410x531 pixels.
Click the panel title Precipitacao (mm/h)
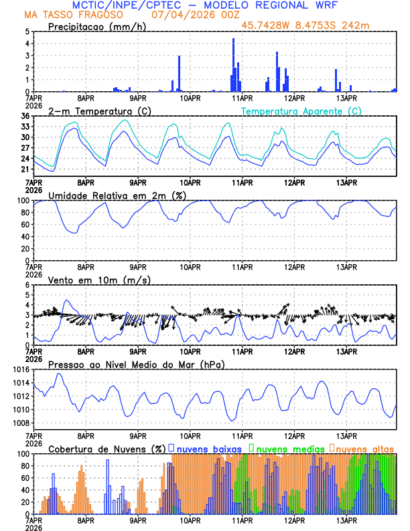pyautogui.click(x=94, y=27)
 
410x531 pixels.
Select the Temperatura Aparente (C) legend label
pyautogui.click(x=301, y=111)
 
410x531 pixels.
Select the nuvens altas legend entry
pyautogui.click(x=365, y=448)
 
